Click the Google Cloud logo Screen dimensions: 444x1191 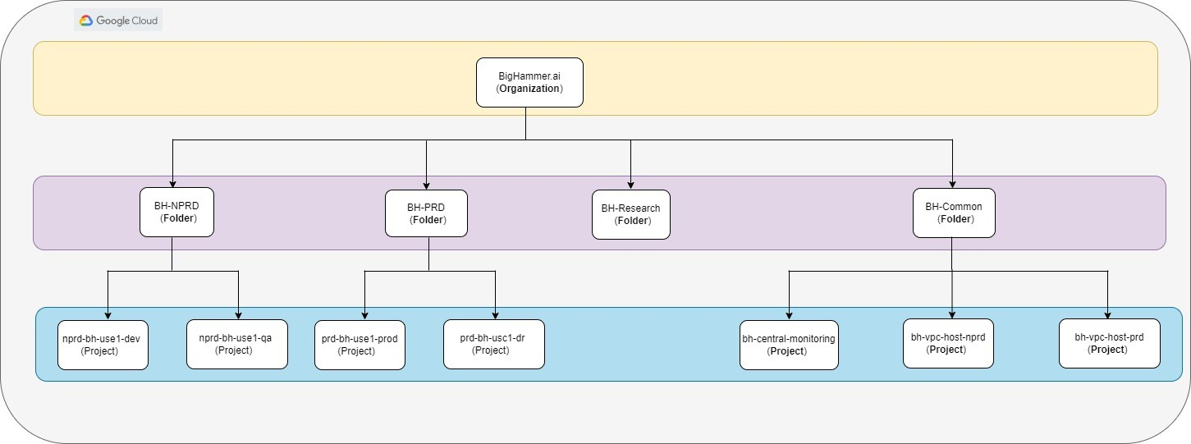tap(119, 21)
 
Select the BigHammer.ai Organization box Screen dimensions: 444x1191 tap(529, 82)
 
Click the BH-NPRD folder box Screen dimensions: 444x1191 tap(176, 213)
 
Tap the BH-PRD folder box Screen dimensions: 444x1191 tap(426, 213)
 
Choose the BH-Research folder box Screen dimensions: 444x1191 tap(630, 215)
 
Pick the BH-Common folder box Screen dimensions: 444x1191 tap(954, 213)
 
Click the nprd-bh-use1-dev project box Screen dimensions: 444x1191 tap(103, 345)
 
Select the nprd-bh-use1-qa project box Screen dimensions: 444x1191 tap(237, 344)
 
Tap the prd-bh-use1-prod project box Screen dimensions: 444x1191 tap(360, 345)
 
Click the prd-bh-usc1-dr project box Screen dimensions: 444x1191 tap(495, 344)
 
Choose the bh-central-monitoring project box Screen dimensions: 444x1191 tap(789, 345)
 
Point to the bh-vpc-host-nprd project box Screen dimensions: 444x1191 tap(948, 343)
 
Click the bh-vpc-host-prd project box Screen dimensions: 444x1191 tap(1109, 343)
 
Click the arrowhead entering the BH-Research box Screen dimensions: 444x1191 tap(630, 185)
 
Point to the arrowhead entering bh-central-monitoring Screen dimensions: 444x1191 tap(789, 315)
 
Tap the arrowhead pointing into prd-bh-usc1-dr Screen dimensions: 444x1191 tap(495, 314)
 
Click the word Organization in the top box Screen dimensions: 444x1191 tap(529, 88)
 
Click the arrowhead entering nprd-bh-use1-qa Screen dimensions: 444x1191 tap(238, 314)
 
